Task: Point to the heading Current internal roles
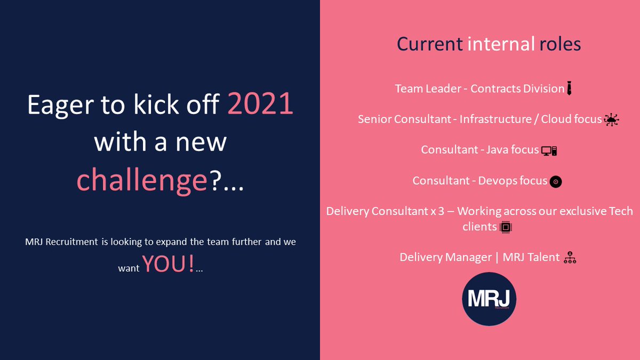click(x=489, y=44)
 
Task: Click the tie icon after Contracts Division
click(x=570, y=89)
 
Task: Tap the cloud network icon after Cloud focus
click(x=611, y=120)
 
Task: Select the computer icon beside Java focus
click(x=549, y=151)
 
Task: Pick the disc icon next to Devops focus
click(x=556, y=182)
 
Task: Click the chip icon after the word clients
click(x=506, y=228)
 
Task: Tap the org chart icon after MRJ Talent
click(x=571, y=258)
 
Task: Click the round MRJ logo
click(x=489, y=299)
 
